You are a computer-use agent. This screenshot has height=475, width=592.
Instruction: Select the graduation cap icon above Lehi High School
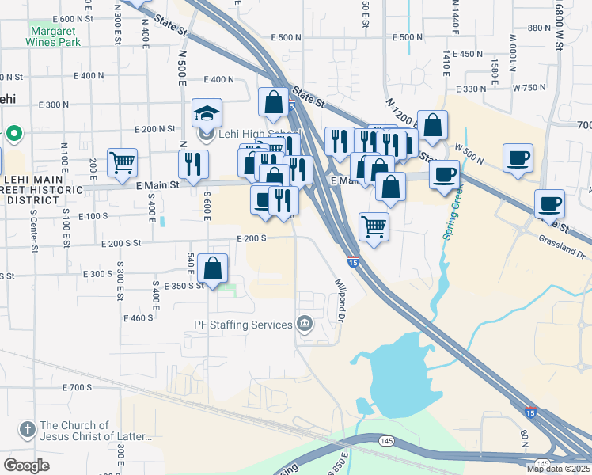(x=207, y=114)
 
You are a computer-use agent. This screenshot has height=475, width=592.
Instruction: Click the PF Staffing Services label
(x=243, y=325)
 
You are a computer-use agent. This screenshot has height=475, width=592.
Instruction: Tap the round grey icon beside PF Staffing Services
(x=304, y=324)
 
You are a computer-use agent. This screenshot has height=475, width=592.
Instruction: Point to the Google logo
(x=26, y=465)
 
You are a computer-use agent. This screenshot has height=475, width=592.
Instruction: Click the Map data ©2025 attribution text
(x=558, y=469)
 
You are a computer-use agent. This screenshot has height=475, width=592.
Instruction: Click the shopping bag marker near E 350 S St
(x=213, y=268)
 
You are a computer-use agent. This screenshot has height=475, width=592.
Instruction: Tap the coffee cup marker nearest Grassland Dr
(x=549, y=203)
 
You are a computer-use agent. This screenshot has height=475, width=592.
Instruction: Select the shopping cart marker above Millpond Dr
(x=374, y=226)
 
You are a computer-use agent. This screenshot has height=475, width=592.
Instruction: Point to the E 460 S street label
(x=138, y=317)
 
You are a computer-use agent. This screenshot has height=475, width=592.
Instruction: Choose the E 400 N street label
(x=218, y=80)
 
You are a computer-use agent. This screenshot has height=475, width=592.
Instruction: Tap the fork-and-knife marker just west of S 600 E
(x=193, y=164)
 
